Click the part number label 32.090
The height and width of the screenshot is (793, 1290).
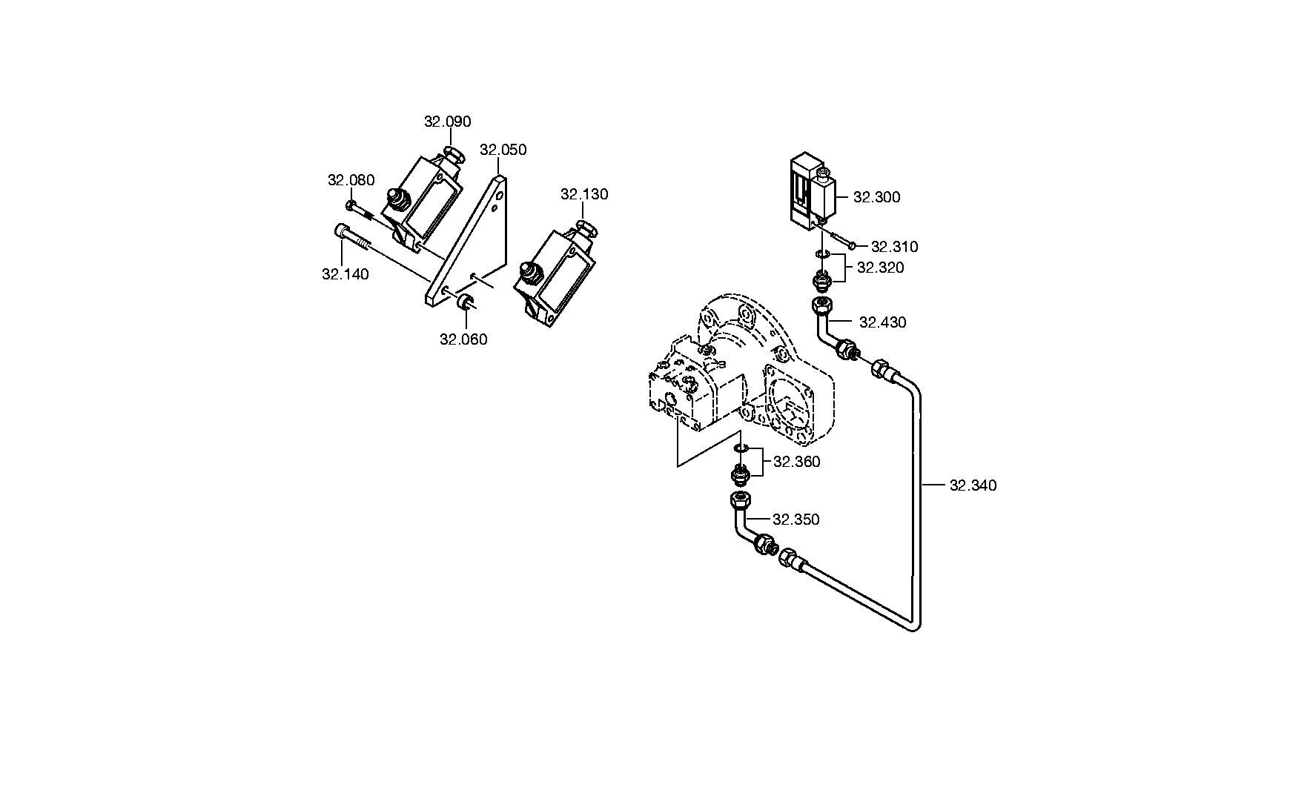tap(447, 122)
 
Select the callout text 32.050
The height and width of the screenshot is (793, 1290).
tap(503, 150)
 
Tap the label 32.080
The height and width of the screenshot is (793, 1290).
tap(351, 180)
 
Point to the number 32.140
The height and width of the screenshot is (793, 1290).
tap(345, 274)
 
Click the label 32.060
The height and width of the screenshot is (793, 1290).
tap(463, 339)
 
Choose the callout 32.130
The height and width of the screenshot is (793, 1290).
tap(584, 194)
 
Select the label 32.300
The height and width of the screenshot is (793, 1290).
tap(877, 197)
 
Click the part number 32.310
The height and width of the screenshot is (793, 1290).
tap(894, 247)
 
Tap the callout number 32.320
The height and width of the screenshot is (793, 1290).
tap(881, 268)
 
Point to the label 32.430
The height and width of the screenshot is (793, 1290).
tap(883, 322)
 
